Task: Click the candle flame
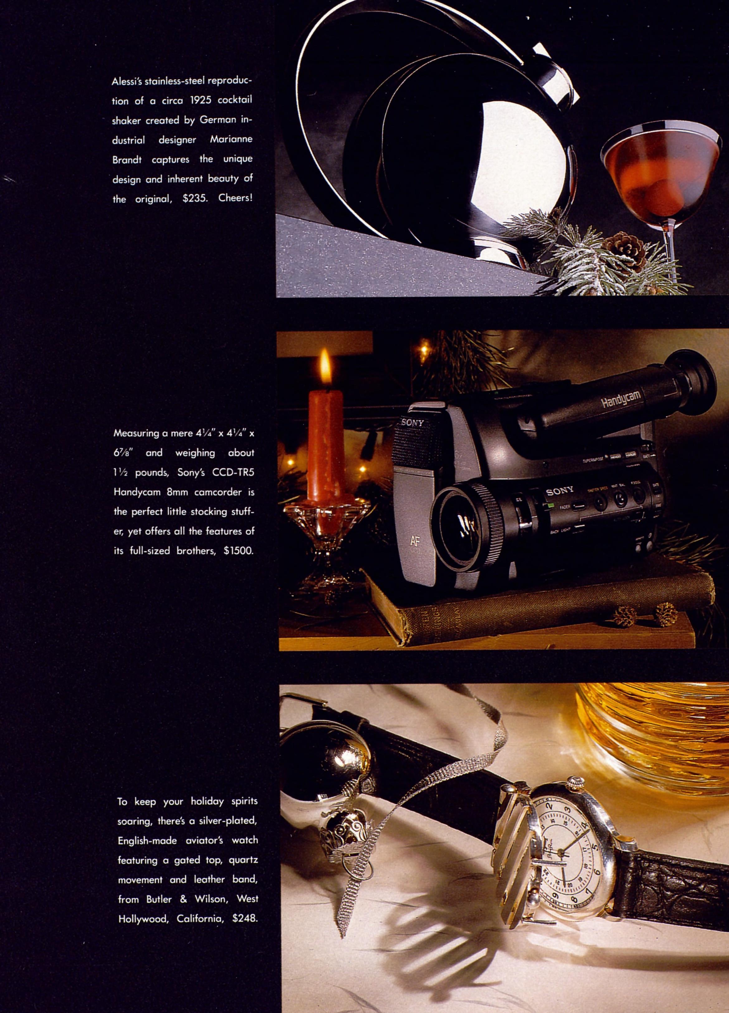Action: click(326, 369)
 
